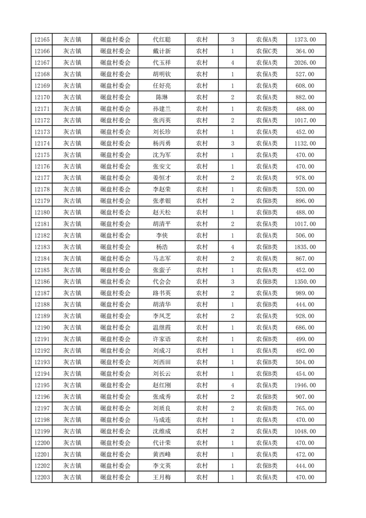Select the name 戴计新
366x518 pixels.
point(162,51)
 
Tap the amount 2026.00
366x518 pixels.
point(305,63)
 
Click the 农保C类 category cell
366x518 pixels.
point(267,51)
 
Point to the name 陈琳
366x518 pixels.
point(162,97)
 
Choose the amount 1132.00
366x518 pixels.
point(305,144)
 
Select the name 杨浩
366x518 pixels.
point(162,247)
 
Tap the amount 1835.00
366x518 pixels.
point(305,247)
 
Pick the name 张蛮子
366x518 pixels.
point(162,270)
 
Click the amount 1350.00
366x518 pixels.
point(305,282)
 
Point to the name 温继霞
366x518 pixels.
point(162,328)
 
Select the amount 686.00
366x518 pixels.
point(305,328)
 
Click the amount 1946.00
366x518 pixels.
point(305,385)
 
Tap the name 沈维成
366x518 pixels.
point(162,431)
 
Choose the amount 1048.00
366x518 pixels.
point(305,431)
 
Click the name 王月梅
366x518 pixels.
point(162,477)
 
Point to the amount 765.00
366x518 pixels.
point(305,408)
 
